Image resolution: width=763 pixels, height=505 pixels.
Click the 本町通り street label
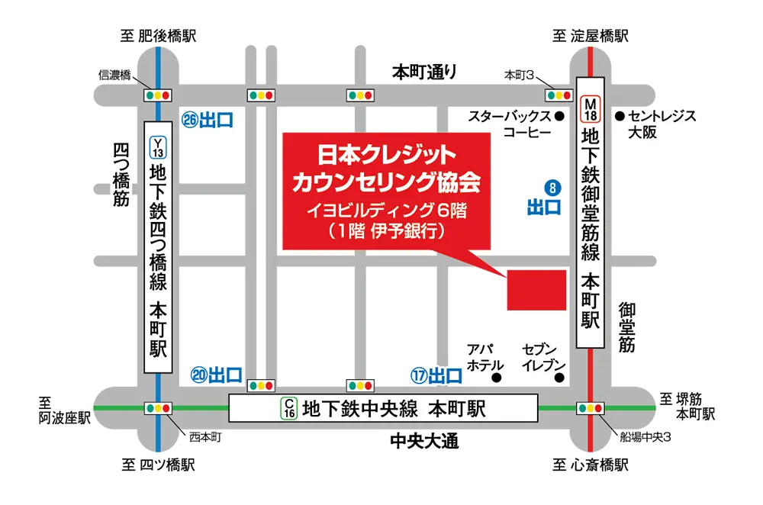point(425,72)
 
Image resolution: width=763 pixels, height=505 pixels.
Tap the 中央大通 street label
point(423,441)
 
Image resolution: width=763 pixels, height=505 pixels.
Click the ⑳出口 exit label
point(217,375)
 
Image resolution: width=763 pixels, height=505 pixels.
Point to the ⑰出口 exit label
point(436,375)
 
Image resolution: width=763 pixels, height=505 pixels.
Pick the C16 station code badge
point(289,408)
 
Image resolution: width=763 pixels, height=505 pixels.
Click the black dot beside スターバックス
point(559,117)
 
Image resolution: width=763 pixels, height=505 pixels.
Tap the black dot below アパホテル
point(497,378)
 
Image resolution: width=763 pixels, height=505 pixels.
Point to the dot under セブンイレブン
point(559,378)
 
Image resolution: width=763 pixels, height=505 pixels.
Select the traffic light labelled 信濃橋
point(159,95)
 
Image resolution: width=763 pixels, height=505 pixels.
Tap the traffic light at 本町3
point(559,95)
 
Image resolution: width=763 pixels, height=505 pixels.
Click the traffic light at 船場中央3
point(591,408)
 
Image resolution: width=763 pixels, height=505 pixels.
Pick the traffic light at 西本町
point(159,408)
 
